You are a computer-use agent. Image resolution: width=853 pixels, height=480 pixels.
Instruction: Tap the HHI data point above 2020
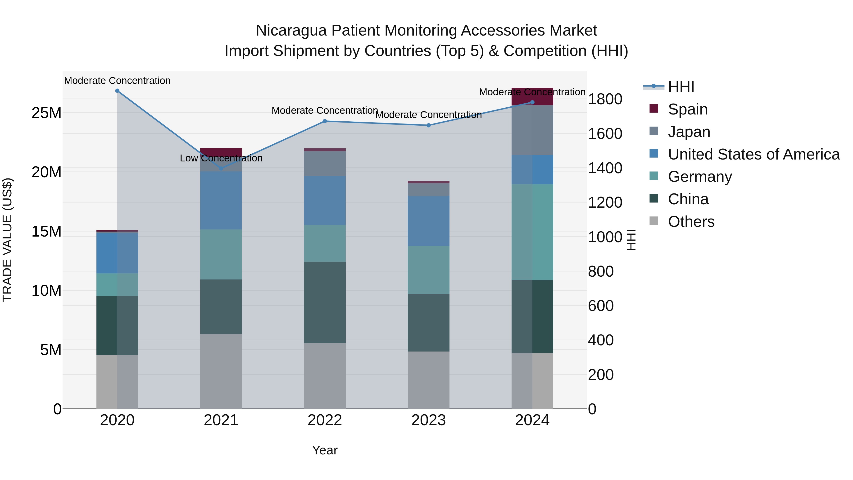pyautogui.click(x=117, y=91)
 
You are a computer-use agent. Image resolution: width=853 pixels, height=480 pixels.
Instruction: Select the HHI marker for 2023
pyautogui.click(x=428, y=125)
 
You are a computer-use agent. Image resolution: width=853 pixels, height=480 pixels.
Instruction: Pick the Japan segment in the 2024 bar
pyautogui.click(x=532, y=130)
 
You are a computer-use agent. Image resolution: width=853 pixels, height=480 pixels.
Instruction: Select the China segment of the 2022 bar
pyautogui.click(x=325, y=302)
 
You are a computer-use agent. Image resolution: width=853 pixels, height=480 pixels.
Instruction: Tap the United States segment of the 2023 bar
pyautogui.click(x=428, y=221)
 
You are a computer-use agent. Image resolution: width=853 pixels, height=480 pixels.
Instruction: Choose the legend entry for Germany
pyautogui.click(x=700, y=177)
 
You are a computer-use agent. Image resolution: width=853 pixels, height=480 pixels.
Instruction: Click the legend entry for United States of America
pyautogui.click(x=753, y=154)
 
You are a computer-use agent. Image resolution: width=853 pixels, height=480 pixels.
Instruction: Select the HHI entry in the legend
pyautogui.click(x=681, y=87)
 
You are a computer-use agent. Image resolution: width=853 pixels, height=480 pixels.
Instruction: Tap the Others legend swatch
pyautogui.click(x=654, y=221)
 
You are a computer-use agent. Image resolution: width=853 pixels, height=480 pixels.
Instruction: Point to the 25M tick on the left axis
pyautogui.click(x=46, y=113)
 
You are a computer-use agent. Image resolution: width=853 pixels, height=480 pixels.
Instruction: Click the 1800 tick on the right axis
pyautogui.click(x=605, y=99)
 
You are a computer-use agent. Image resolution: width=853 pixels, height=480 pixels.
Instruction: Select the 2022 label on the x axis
pyautogui.click(x=325, y=420)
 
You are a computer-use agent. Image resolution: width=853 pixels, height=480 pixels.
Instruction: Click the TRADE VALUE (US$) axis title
pyautogui.click(x=7, y=240)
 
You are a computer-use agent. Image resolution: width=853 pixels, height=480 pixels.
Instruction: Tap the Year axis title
pyautogui.click(x=325, y=450)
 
